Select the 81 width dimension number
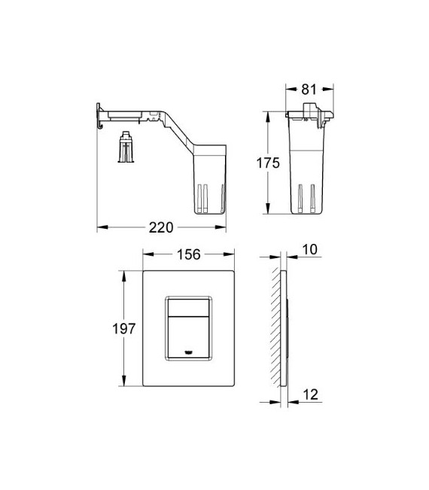307,90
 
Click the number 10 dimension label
310,249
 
